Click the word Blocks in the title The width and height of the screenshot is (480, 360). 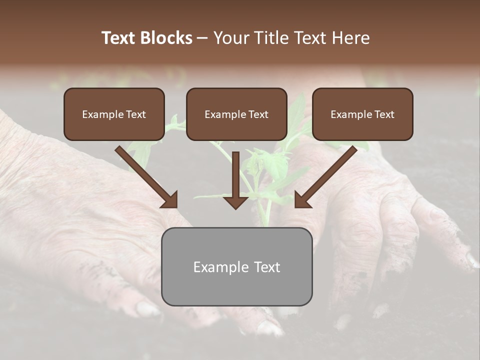[x=166, y=38]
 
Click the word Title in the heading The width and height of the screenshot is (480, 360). [x=270, y=38]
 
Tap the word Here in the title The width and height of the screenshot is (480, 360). [x=350, y=38]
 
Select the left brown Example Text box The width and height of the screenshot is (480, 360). [x=114, y=114]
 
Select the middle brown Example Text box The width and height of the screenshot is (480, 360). [x=236, y=114]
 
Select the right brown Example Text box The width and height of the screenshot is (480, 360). [x=362, y=114]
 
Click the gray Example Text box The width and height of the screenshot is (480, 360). [x=236, y=266]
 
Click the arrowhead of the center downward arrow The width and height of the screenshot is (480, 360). [x=236, y=201]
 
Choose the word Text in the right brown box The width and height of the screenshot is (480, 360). [x=384, y=114]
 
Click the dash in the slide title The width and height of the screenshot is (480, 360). [x=202, y=38]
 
